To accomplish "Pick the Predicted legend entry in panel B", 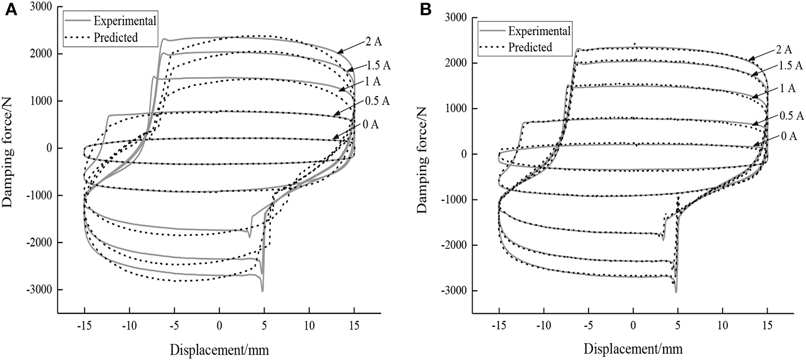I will [x=530, y=47].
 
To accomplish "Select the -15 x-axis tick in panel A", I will [x=85, y=325].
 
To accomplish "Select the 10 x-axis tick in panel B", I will [x=723, y=325].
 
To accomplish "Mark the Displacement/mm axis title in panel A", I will [x=219, y=348].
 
